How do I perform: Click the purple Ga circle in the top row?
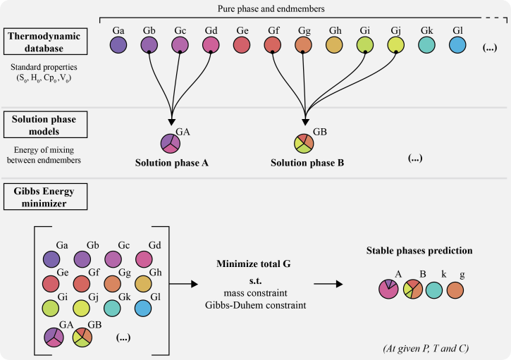click(x=119, y=46)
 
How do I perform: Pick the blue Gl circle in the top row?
click(x=457, y=46)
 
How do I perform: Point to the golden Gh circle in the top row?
click(x=334, y=46)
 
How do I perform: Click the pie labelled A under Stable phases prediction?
click(x=388, y=289)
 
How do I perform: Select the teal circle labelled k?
click(x=433, y=289)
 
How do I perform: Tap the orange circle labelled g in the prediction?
click(x=456, y=289)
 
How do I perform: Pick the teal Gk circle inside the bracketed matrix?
click(x=113, y=308)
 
